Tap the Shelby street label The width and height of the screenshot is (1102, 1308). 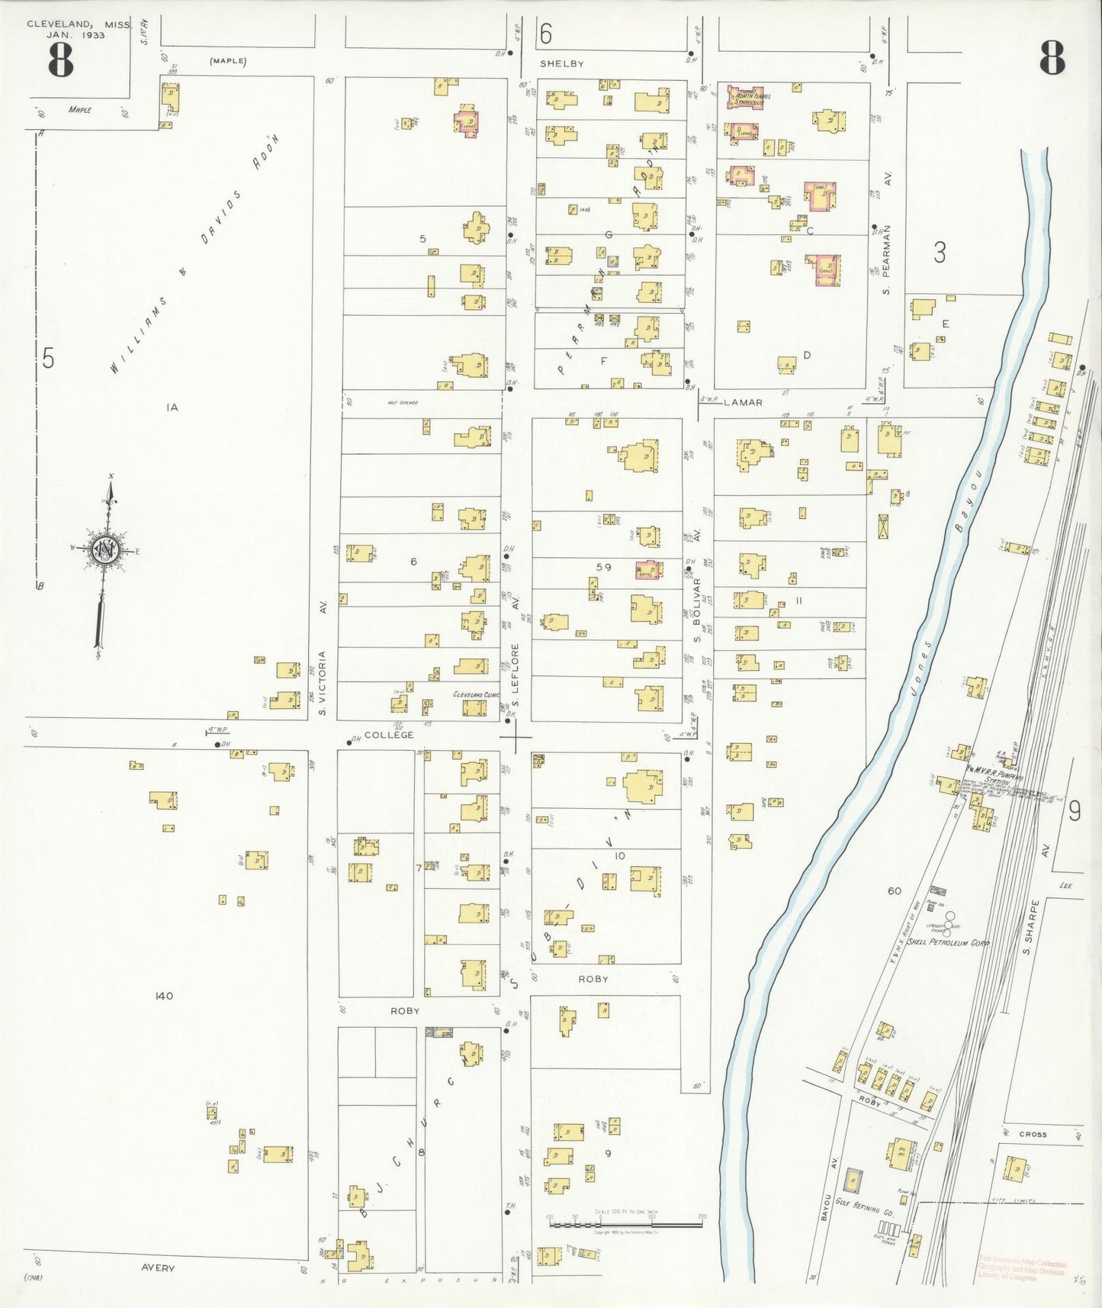coord(562,64)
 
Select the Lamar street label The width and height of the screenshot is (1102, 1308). coord(742,402)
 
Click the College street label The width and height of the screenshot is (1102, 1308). coord(388,735)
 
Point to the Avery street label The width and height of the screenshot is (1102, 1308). coord(158,1268)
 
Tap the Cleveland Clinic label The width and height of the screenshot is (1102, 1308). coord(476,694)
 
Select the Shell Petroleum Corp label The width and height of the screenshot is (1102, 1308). coord(948,942)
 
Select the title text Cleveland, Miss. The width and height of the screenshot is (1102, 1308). coord(78,24)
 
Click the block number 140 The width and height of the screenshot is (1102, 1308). coord(164,996)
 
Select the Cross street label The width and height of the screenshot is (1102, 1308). coord(1033,1134)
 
